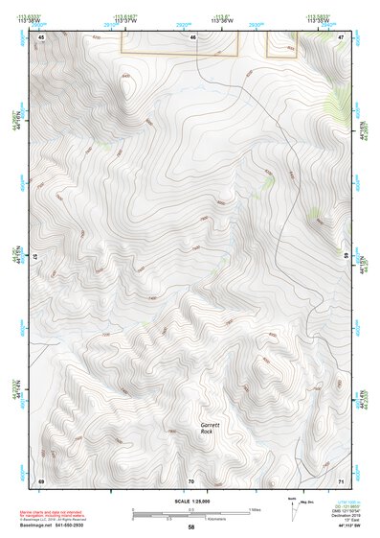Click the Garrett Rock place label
[x=210, y=429]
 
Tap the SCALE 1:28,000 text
[x=192, y=500]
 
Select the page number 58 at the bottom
[x=191, y=528]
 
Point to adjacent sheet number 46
[x=192, y=36]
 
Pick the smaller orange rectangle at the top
[x=280, y=43]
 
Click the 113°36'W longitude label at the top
[x=223, y=20]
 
